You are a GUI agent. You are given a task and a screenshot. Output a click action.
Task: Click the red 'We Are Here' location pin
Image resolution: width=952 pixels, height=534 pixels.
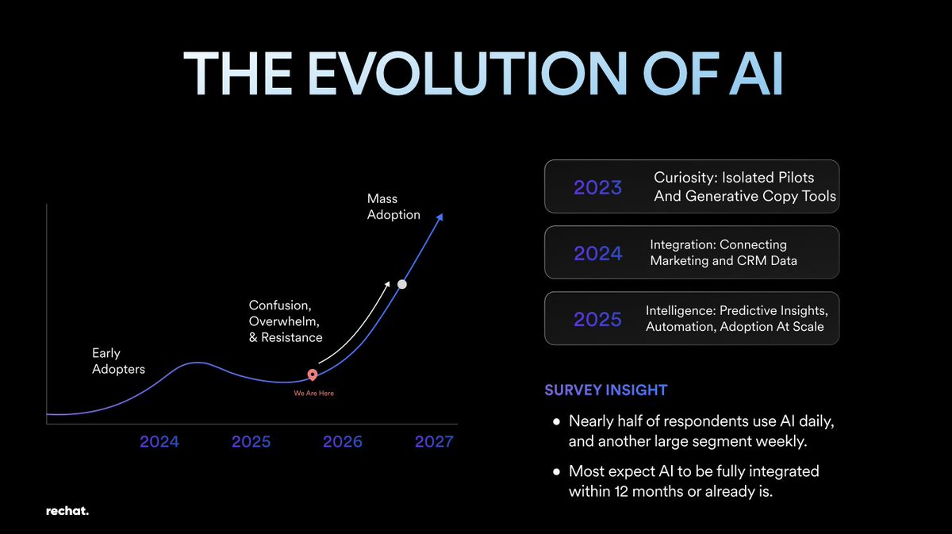point(313,375)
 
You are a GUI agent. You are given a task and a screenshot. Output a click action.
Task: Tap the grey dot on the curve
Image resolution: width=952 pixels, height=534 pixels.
point(402,284)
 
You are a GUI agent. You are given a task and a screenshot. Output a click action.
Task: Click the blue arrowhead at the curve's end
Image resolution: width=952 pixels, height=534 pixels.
point(440,217)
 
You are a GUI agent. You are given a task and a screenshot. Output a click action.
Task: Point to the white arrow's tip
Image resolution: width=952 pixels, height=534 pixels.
point(389,282)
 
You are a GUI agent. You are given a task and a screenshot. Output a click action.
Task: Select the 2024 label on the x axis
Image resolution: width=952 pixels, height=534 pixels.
point(159,442)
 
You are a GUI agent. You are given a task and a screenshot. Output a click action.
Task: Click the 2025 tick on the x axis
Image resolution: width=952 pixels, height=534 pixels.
point(251,442)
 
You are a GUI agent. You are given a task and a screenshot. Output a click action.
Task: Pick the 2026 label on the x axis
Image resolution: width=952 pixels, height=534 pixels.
point(343,442)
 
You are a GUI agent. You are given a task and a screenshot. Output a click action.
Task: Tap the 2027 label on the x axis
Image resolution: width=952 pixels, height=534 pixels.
point(434,442)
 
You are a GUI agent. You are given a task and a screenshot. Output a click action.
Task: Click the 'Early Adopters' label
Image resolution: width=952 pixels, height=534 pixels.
point(118,361)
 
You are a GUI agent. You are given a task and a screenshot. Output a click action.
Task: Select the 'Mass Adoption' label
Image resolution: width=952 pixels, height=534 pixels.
point(393,206)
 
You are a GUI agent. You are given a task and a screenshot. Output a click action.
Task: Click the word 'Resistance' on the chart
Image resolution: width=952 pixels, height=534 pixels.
point(292,337)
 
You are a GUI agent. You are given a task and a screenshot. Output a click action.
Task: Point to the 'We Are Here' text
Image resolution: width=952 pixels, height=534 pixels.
point(313,394)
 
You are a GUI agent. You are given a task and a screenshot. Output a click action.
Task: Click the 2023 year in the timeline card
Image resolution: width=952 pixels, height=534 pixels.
point(597,187)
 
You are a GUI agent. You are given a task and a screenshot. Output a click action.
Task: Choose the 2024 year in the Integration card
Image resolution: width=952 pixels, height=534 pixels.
point(598,253)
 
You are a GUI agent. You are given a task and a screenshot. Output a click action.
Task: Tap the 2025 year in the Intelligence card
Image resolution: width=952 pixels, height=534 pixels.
point(597,319)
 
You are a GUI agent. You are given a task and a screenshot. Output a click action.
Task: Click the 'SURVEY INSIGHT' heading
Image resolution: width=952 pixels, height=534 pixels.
point(606,390)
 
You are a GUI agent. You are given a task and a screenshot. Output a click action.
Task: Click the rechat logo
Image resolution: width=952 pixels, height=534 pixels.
point(67,511)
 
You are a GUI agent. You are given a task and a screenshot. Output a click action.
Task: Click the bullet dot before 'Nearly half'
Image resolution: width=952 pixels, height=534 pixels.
point(556,422)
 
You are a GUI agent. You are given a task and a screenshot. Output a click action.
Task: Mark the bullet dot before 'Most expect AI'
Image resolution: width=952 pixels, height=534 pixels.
point(556,472)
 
